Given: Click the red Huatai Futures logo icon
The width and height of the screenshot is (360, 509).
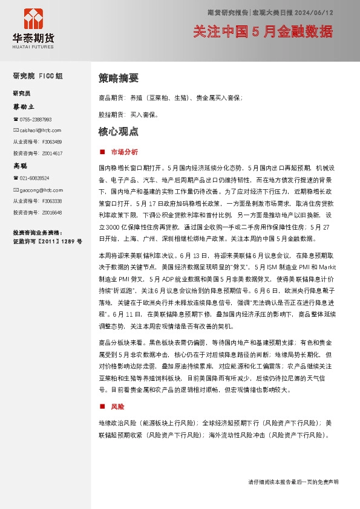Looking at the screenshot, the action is pos(33,19).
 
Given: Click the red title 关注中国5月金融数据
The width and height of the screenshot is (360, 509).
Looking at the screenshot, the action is pos(263,30).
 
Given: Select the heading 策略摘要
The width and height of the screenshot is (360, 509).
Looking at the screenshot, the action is pos(119,78).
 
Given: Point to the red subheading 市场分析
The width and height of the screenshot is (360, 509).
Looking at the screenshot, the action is pos(125,151).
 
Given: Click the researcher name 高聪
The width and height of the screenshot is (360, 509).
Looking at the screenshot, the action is pos(20,165).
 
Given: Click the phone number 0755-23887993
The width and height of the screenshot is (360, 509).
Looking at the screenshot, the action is pos(35,120).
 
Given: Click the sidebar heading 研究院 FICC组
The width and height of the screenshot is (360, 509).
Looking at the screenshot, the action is pos(38,77).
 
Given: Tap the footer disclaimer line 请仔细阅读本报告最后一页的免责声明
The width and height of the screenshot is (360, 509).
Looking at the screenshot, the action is pos(293,482).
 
